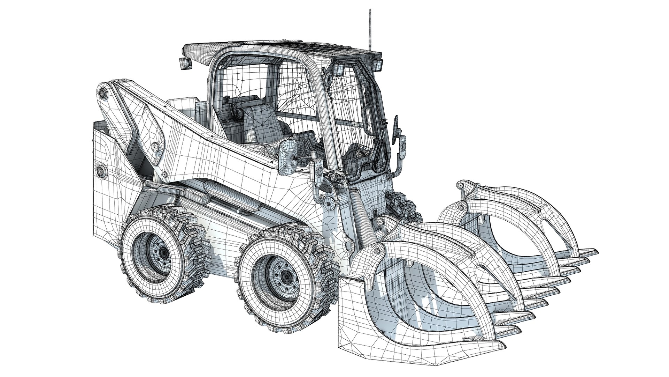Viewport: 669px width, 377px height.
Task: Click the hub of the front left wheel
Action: [286, 276]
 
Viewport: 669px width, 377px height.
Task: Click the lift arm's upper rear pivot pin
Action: [103, 94]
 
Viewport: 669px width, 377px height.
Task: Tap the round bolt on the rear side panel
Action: [101, 171]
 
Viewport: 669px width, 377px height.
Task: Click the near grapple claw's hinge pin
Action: [376, 250]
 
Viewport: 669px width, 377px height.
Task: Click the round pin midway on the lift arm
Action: [154, 147]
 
